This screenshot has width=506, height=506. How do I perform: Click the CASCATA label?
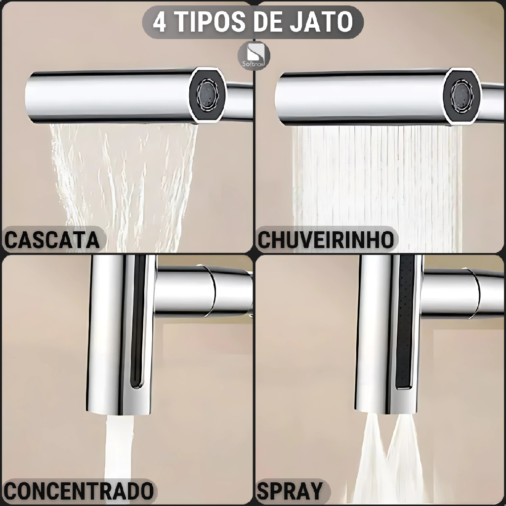52,240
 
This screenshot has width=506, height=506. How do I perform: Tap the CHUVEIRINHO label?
326,240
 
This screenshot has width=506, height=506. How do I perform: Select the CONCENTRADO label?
79,492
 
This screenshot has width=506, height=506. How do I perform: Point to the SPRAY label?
290,492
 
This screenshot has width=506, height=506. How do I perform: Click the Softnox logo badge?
254,56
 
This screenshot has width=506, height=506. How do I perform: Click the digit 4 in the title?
160,22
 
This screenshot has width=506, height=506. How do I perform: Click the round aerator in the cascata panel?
208,95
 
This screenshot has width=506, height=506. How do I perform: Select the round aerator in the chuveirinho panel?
462,95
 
